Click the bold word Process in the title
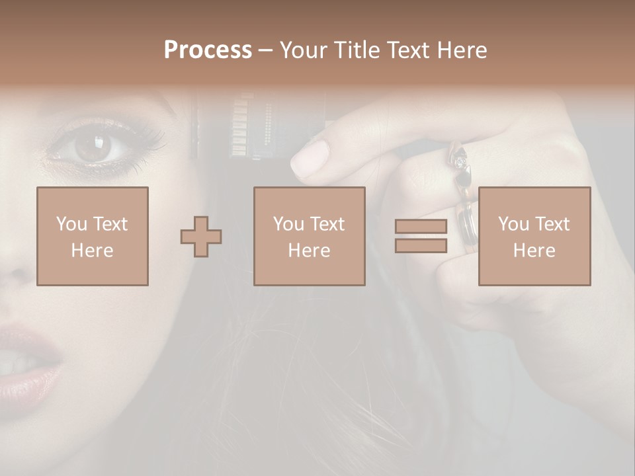click(208, 50)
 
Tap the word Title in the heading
click(357, 50)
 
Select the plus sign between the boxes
click(201, 237)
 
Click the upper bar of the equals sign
click(421, 227)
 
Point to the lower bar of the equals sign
click(421, 246)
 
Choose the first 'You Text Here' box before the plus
click(93, 236)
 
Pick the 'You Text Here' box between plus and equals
click(309, 236)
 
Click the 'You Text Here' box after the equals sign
click(534, 236)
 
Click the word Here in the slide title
click(462, 50)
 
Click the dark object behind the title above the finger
click(258, 126)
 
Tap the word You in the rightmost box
click(513, 224)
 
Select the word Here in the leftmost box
click(93, 251)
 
